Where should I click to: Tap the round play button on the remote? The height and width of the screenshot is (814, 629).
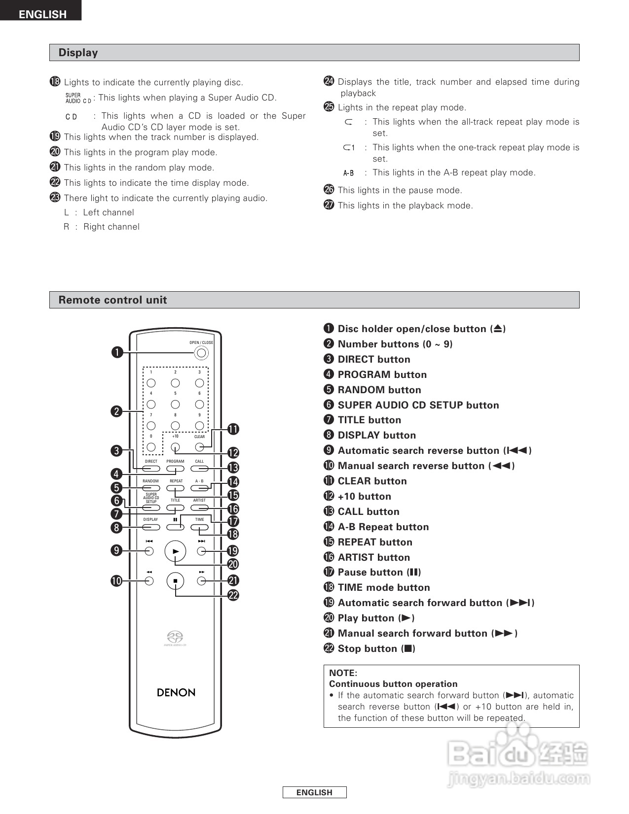click(x=175, y=551)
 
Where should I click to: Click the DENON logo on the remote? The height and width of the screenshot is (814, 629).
click(x=176, y=692)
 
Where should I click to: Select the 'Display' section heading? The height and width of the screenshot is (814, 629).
click(x=78, y=53)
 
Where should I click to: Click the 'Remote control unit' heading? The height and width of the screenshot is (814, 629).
click(x=112, y=300)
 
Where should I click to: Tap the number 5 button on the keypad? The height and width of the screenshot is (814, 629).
click(x=175, y=404)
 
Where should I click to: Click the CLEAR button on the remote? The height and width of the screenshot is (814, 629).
click(x=199, y=447)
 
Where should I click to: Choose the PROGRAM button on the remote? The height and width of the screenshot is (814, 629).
click(x=175, y=469)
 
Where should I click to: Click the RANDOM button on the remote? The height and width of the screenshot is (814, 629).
click(x=151, y=488)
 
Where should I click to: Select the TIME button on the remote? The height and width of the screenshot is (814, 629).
click(x=199, y=527)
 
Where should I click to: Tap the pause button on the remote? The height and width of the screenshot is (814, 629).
click(x=175, y=527)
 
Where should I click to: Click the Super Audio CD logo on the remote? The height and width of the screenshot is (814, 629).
click(x=175, y=638)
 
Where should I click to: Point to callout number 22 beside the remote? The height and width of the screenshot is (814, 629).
click(x=233, y=595)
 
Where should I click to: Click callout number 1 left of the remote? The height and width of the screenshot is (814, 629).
click(x=117, y=352)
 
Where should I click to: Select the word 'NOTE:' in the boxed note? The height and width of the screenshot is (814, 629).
click(x=343, y=673)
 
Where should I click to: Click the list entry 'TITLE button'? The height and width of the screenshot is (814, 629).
click(x=369, y=420)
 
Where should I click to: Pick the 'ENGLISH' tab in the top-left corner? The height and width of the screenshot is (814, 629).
click(x=42, y=14)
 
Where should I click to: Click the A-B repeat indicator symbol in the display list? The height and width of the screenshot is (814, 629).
click(x=348, y=173)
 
